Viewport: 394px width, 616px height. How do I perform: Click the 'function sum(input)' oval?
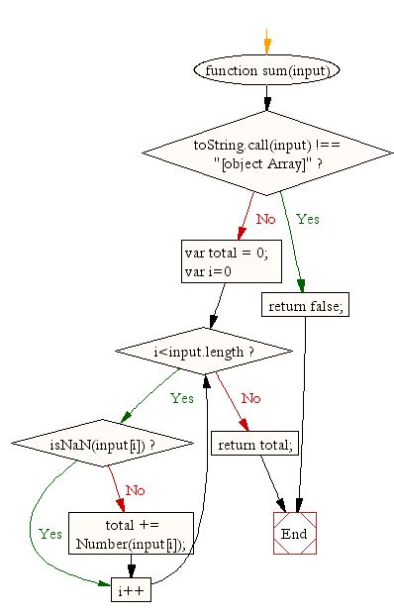pos(267,70)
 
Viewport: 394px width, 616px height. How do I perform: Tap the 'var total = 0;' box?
pos(226,260)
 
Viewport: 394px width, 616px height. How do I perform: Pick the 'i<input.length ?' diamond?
pos(205,351)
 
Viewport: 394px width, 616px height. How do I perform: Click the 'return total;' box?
pos(254,445)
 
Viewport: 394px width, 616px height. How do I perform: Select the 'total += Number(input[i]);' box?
pos(132,533)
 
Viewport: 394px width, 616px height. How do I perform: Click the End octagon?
pos(294,533)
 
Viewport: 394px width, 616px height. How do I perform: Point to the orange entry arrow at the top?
pos(266,43)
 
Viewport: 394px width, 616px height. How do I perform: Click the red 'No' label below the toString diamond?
pos(265,218)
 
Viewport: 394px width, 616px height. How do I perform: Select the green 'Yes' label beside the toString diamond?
pos(307,218)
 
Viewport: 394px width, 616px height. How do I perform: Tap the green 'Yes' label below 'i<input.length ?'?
pos(181,398)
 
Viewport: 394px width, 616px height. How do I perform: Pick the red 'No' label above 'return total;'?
pos(250,398)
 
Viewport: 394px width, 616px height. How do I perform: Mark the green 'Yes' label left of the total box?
pos(49,532)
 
